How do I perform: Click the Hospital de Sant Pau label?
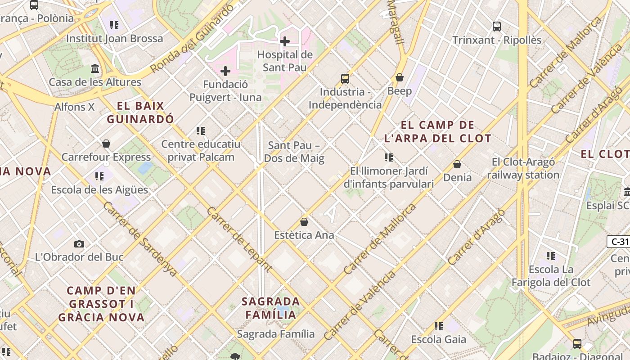(x=284, y=61)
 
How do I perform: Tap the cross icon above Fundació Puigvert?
(x=225, y=71)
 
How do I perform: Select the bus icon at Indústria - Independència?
(x=345, y=79)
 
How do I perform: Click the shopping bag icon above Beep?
(x=399, y=78)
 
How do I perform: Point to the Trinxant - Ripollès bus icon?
(x=497, y=27)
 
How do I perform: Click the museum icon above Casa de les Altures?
(x=95, y=69)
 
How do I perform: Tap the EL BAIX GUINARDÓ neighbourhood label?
(x=140, y=112)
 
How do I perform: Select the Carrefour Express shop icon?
(x=106, y=144)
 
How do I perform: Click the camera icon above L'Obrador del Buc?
(x=79, y=244)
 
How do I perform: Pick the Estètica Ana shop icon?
(x=304, y=222)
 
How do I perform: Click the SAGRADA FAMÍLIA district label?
(x=270, y=308)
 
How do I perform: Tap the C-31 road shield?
(x=618, y=242)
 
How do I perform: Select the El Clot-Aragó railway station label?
(x=523, y=168)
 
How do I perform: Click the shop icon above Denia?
(x=457, y=164)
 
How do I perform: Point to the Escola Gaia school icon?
(x=438, y=326)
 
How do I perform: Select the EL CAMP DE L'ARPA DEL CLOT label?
(x=437, y=131)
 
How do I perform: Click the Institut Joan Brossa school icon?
(x=114, y=25)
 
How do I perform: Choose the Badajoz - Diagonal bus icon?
(x=577, y=344)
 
